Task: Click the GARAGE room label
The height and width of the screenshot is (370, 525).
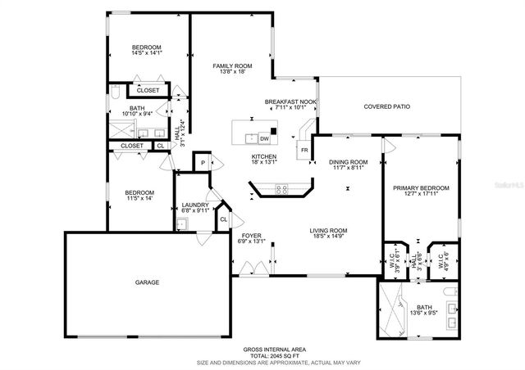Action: (x=148, y=282)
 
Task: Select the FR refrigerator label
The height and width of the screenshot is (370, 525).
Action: (x=304, y=151)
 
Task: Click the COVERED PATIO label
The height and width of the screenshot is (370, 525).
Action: (x=386, y=106)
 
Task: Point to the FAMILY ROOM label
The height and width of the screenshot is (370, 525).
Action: (x=232, y=65)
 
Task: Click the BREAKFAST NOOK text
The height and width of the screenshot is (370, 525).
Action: (x=290, y=101)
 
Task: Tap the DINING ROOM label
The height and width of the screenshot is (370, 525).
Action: (x=348, y=161)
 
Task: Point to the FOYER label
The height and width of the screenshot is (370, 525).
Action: (x=251, y=235)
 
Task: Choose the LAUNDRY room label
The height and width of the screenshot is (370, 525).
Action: (x=195, y=205)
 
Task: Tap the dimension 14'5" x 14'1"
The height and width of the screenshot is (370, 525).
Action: (x=148, y=53)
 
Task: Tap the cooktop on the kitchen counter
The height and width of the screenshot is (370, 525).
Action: (x=283, y=189)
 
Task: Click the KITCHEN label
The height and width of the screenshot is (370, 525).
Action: (x=264, y=156)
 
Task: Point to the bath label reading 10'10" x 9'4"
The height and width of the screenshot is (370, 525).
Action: (x=137, y=114)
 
